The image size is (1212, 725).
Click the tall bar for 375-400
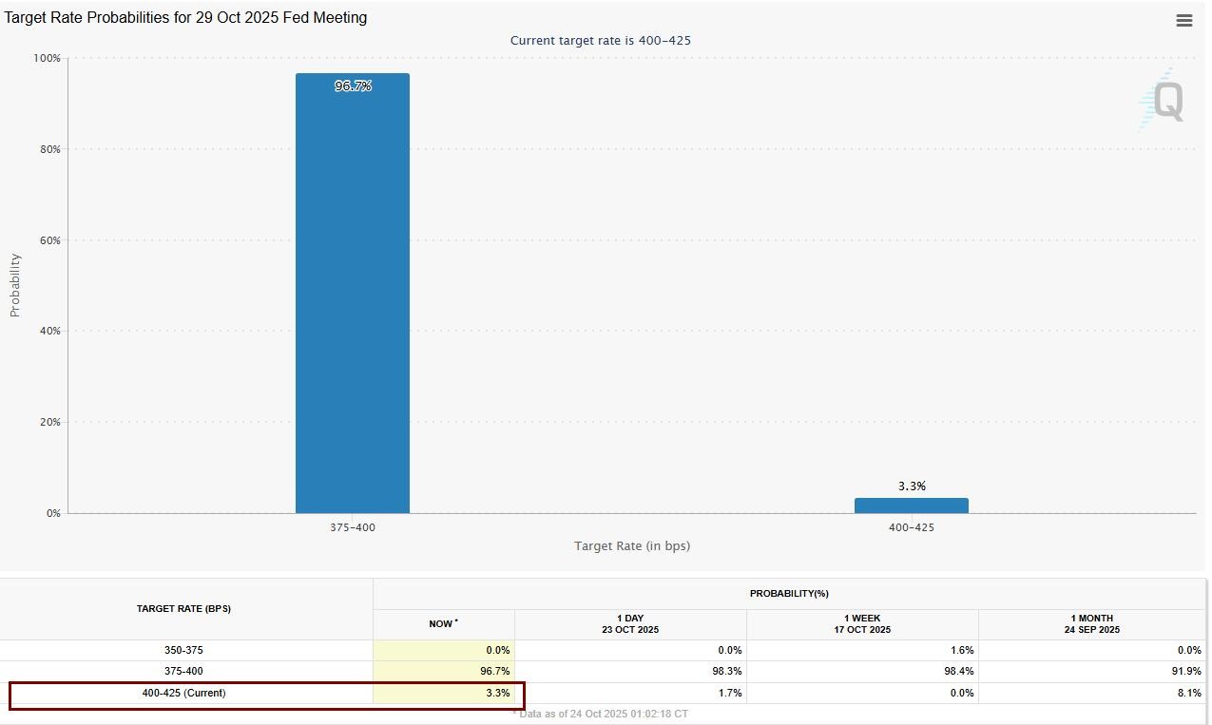click(x=352, y=295)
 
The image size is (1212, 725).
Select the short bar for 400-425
click(x=911, y=506)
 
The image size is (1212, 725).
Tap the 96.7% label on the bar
click(x=353, y=86)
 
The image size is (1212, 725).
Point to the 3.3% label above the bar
click(x=912, y=487)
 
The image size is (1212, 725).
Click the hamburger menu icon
click(x=1183, y=21)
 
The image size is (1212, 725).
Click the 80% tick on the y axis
click(x=48, y=149)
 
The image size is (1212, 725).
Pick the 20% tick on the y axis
click(x=48, y=422)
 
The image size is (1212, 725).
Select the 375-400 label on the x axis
click(x=353, y=527)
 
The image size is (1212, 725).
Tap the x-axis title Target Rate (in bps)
click(x=632, y=546)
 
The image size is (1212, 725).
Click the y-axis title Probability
click(x=15, y=285)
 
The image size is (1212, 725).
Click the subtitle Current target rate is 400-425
click(x=601, y=41)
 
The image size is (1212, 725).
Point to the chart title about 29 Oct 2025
click(x=185, y=18)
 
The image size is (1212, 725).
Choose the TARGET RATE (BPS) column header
click(x=183, y=608)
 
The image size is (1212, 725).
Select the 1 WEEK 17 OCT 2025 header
click(x=862, y=623)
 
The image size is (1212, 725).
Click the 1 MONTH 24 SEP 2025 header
click(x=1091, y=623)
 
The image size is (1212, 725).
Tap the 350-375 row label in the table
click(x=183, y=650)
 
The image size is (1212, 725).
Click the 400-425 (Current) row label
click(x=183, y=693)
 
